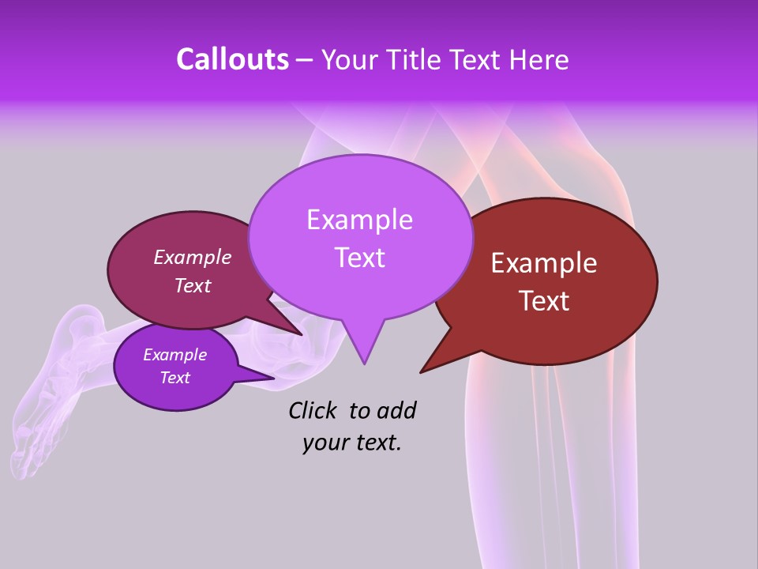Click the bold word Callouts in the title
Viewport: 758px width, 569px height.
click(233, 59)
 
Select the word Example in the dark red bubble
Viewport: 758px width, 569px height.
click(544, 263)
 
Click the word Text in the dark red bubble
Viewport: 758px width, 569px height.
click(544, 300)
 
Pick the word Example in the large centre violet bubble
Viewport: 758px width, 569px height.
click(359, 219)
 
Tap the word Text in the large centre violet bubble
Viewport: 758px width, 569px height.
click(359, 258)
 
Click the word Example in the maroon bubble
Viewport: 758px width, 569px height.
click(192, 257)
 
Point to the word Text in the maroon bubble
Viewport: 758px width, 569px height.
click(192, 285)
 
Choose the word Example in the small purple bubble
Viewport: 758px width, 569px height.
click(174, 355)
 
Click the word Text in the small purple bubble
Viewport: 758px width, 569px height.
click(174, 378)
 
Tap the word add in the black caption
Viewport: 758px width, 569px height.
click(396, 410)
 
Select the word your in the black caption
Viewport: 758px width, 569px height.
click(324, 443)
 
